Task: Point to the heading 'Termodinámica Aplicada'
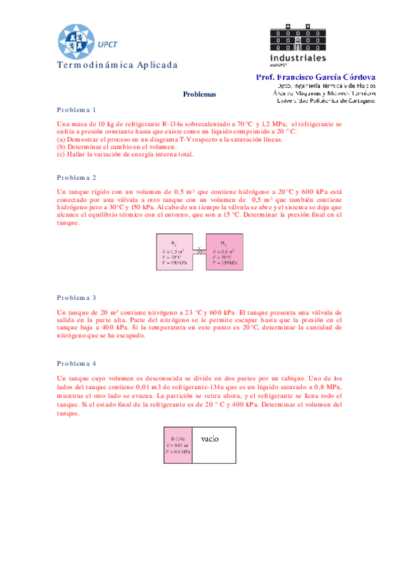[x=118, y=65]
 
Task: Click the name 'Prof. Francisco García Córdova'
[x=316, y=78]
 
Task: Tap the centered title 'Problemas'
[x=200, y=95]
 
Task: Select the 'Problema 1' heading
[x=77, y=109]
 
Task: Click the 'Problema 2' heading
[x=77, y=178]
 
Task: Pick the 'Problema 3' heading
[x=77, y=297]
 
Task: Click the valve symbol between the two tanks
[x=199, y=251]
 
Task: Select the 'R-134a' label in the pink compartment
[x=178, y=421]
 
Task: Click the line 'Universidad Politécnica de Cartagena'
[x=324, y=101]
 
